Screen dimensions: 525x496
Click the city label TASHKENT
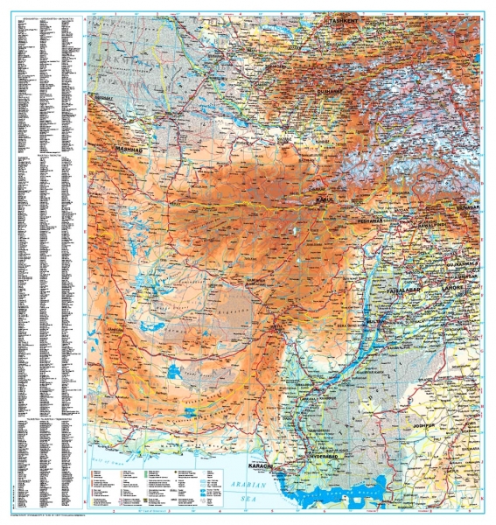pyautogui.click(x=345, y=19)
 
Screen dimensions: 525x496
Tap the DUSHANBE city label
pyautogui.click(x=333, y=89)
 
